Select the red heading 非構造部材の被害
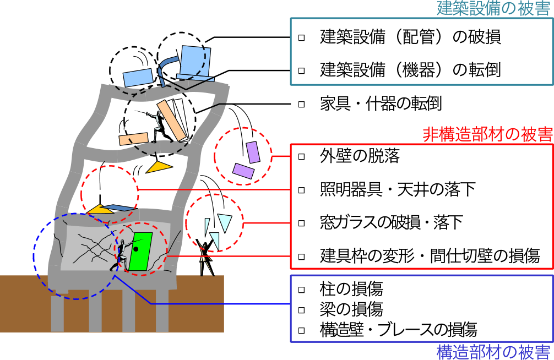487,135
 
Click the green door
140,252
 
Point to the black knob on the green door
135,249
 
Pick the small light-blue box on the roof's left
138,78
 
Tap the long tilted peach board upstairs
171,120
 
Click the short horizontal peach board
133,139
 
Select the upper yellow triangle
159,166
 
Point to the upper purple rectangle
253,152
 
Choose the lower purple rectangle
243,171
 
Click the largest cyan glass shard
225,222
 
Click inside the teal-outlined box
421,51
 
